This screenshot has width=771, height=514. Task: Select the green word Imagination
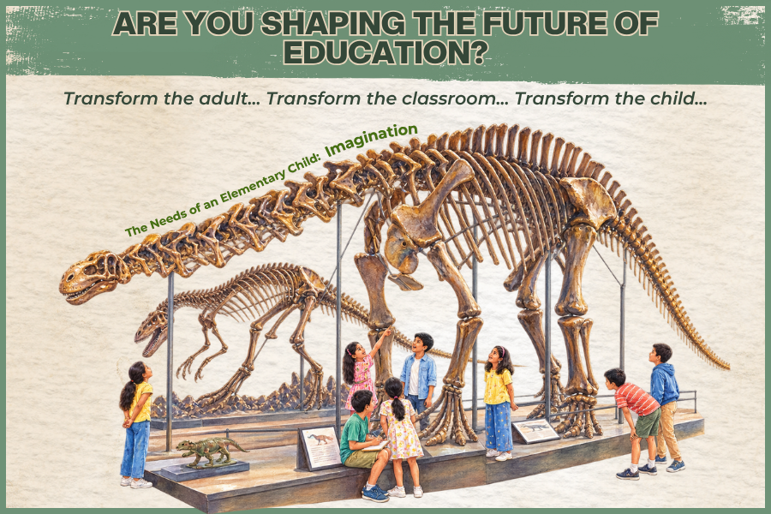(372, 140)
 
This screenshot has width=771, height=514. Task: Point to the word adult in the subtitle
(224, 99)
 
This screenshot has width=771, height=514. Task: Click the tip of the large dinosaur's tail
(729, 367)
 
